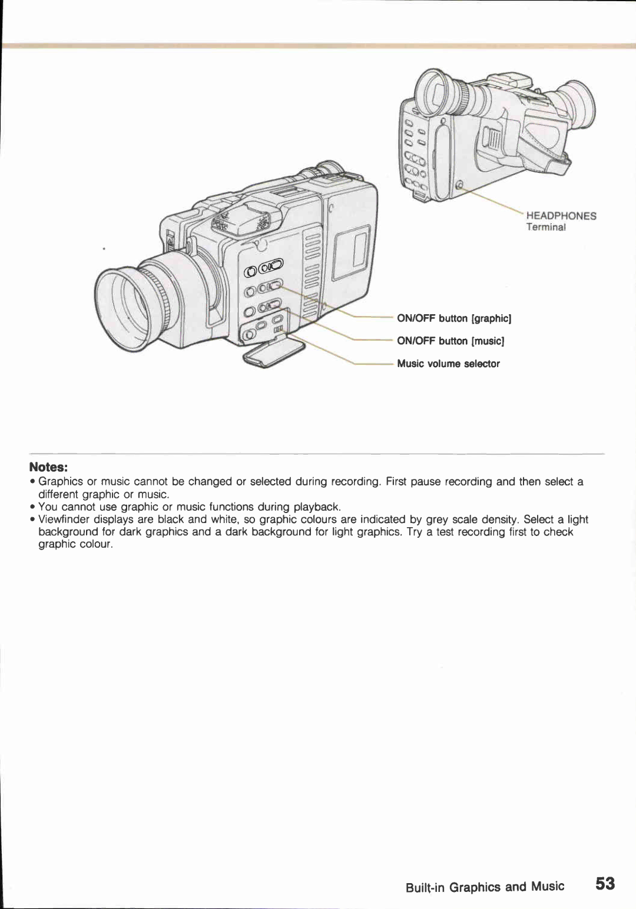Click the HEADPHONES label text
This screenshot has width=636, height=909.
(x=561, y=216)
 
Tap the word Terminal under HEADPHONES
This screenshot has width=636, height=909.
(x=545, y=228)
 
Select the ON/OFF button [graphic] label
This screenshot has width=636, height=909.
(x=454, y=318)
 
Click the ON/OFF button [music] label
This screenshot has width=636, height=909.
(x=450, y=341)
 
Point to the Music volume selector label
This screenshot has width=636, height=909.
(x=448, y=364)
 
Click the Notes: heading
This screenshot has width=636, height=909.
(x=49, y=467)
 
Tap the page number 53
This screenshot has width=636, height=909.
(x=605, y=884)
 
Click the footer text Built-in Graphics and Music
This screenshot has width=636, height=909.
(x=485, y=887)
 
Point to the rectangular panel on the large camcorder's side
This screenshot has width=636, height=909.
(x=352, y=254)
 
